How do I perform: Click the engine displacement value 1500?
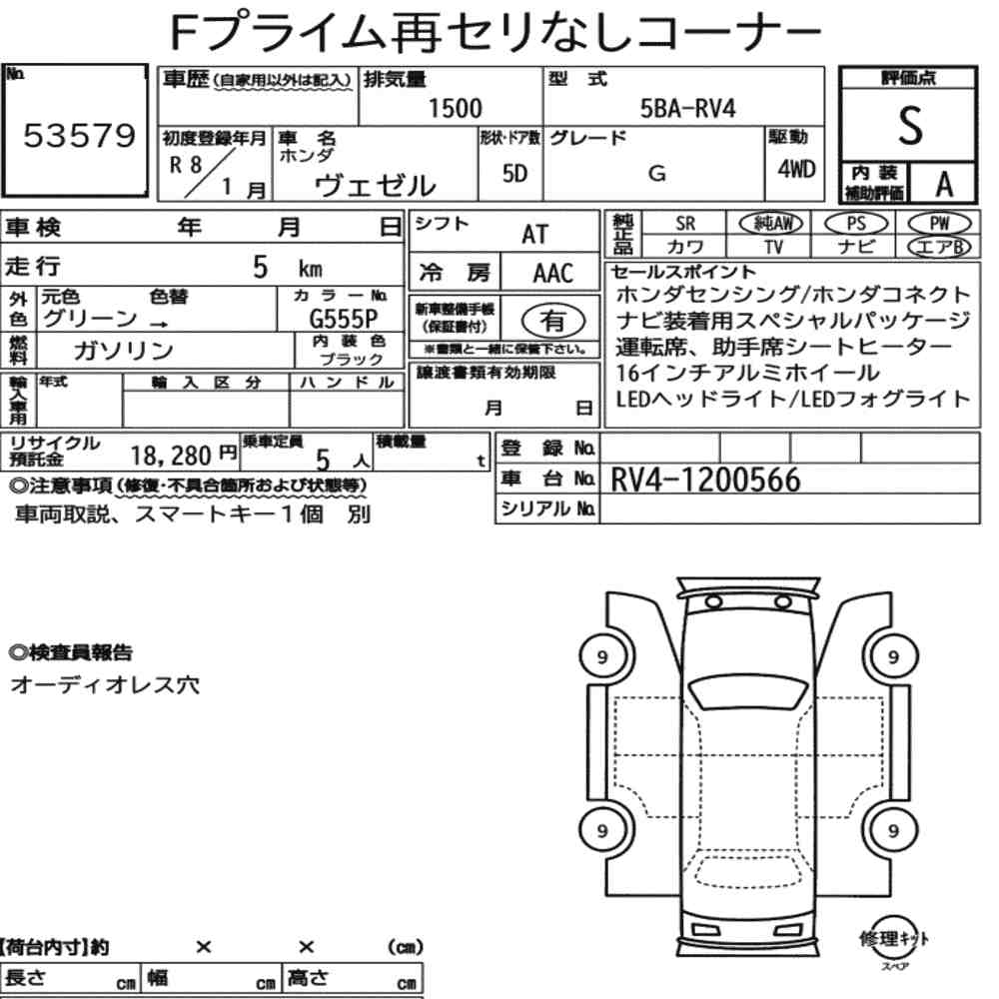[454, 109]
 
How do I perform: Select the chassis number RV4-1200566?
[705, 482]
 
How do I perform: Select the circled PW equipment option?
[937, 224]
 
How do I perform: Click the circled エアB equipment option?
[937, 247]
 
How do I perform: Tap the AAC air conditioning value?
[552, 273]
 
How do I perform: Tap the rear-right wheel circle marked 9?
[893, 830]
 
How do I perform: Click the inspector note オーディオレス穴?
[104, 686]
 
